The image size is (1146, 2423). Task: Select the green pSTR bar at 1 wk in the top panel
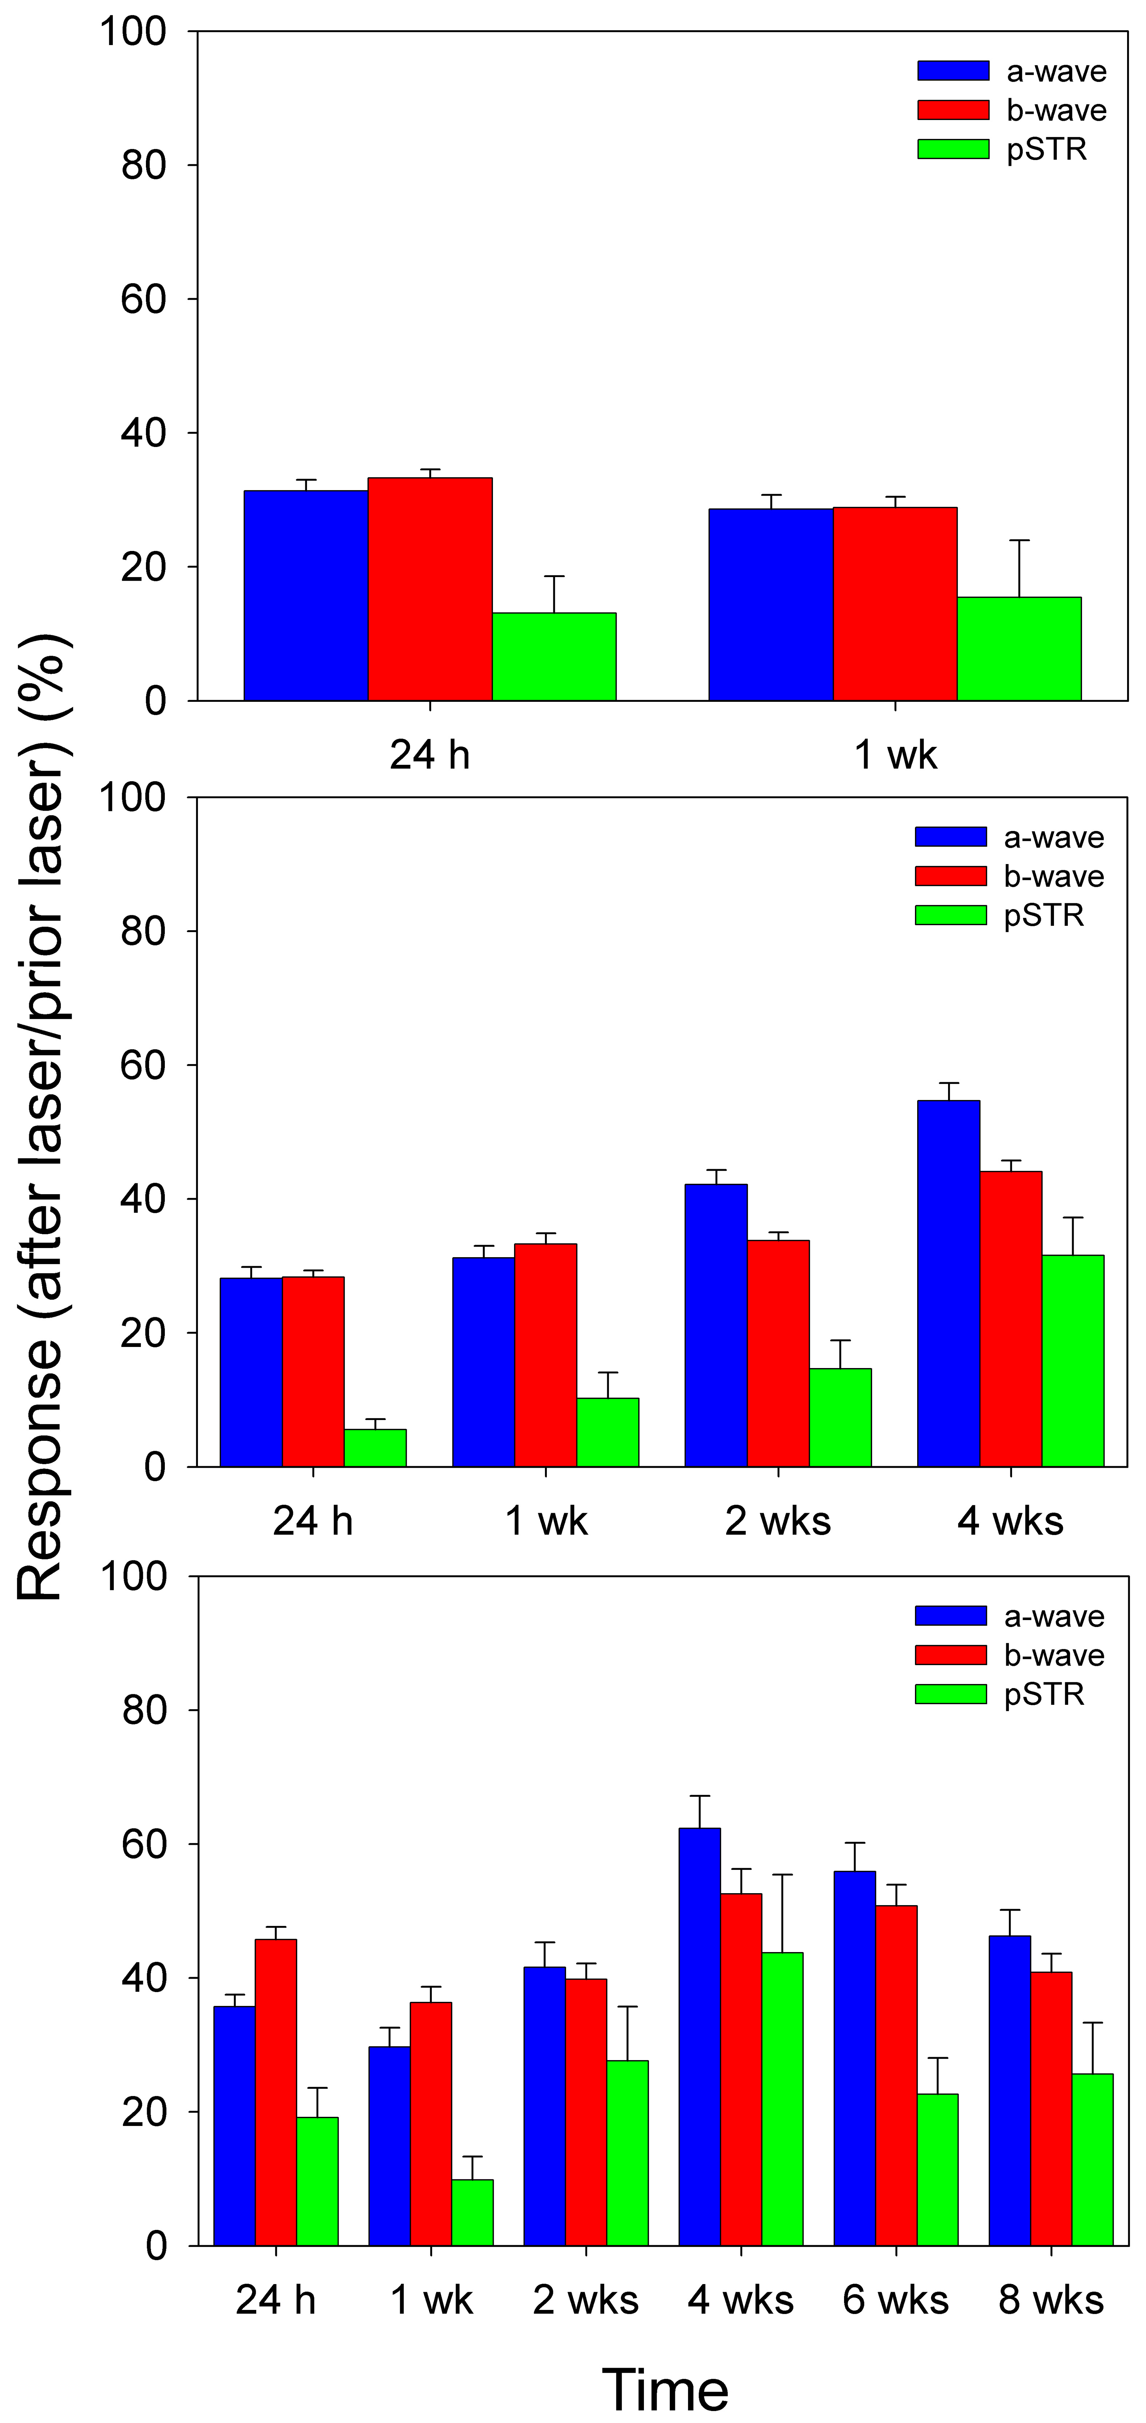[1019, 649]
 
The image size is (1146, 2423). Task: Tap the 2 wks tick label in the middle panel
[778, 1521]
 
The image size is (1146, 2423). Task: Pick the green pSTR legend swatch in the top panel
[953, 149]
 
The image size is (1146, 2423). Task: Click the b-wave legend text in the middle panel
[1054, 877]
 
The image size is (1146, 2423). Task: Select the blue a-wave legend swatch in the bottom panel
[950, 1616]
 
